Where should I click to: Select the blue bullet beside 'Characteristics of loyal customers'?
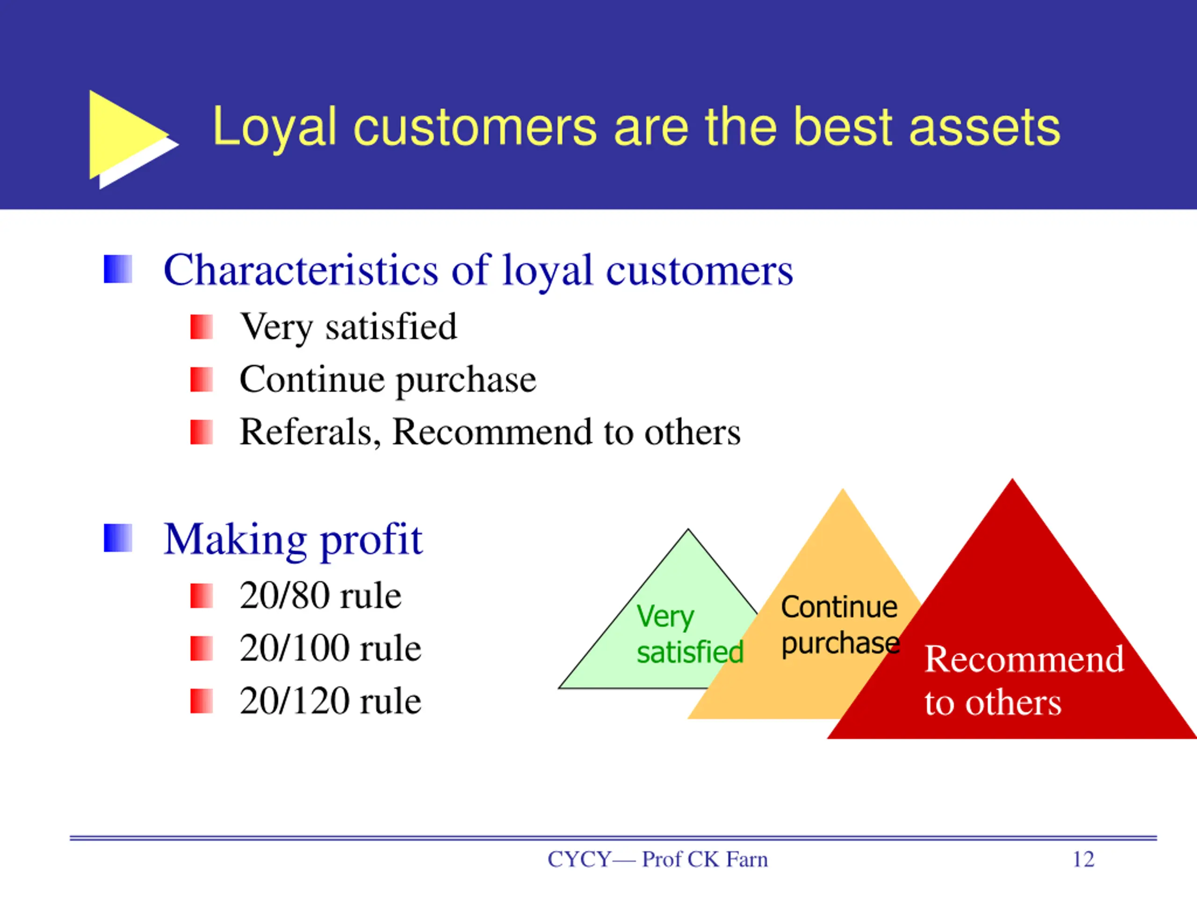(118, 269)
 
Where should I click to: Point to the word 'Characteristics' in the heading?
(301, 270)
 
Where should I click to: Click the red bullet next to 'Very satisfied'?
(202, 327)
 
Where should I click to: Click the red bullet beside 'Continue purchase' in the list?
(202, 379)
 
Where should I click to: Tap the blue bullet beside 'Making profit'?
(118, 538)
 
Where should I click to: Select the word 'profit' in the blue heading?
(371, 540)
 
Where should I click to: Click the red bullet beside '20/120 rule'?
(202, 701)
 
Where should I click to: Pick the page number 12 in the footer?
(1083, 860)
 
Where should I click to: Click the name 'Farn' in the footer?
(747, 860)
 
